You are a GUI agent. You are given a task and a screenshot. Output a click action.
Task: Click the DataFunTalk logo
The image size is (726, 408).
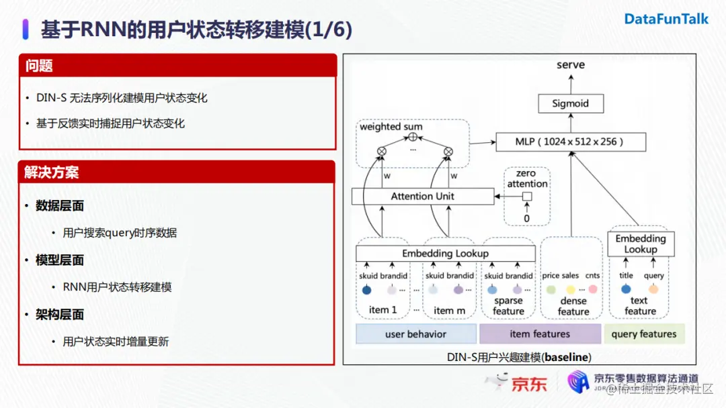(666, 19)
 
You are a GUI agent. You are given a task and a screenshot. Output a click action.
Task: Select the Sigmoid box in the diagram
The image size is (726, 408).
(570, 103)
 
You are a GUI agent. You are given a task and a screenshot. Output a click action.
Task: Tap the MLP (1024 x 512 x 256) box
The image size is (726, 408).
(570, 142)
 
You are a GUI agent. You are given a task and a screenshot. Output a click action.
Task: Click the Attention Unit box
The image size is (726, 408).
(422, 196)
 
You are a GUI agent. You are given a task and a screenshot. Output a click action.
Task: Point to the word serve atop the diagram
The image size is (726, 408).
(571, 65)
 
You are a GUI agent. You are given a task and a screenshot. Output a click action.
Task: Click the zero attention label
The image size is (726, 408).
(527, 178)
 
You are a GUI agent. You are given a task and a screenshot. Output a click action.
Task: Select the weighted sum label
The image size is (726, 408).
(391, 127)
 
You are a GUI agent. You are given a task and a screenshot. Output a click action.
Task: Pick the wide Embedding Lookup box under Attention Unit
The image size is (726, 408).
(445, 254)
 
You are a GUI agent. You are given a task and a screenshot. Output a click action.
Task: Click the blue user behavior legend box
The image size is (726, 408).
(415, 334)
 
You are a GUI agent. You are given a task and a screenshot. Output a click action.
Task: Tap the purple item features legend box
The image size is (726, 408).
(540, 334)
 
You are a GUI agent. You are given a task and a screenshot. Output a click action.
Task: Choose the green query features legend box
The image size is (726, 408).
(643, 334)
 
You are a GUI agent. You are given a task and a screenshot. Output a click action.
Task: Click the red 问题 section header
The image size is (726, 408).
(177, 65)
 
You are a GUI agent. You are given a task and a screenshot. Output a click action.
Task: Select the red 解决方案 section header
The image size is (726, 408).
(177, 172)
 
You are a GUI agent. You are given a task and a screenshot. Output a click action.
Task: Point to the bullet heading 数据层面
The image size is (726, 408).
(60, 206)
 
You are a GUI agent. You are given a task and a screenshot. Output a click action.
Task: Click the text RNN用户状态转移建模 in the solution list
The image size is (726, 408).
(117, 287)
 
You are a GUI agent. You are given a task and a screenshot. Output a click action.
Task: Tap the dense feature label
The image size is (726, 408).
(573, 306)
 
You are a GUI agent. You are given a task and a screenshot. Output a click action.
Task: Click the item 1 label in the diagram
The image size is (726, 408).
(383, 310)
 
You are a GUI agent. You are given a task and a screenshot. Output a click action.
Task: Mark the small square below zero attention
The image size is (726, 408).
(527, 197)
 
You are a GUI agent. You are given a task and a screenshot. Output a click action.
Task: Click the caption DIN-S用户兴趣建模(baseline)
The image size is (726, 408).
(519, 357)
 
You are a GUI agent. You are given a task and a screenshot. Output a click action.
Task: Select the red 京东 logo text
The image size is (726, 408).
(529, 384)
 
